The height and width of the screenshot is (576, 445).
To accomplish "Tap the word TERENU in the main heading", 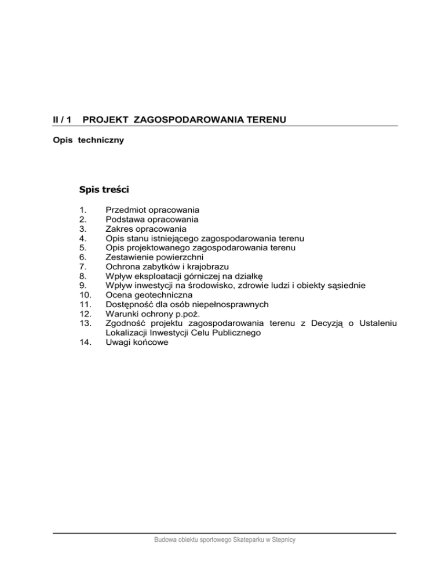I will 263,119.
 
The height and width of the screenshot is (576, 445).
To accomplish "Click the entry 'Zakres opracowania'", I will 146,229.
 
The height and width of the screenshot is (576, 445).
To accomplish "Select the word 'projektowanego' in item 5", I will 161,247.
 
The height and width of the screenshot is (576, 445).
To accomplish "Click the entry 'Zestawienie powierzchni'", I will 158,257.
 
